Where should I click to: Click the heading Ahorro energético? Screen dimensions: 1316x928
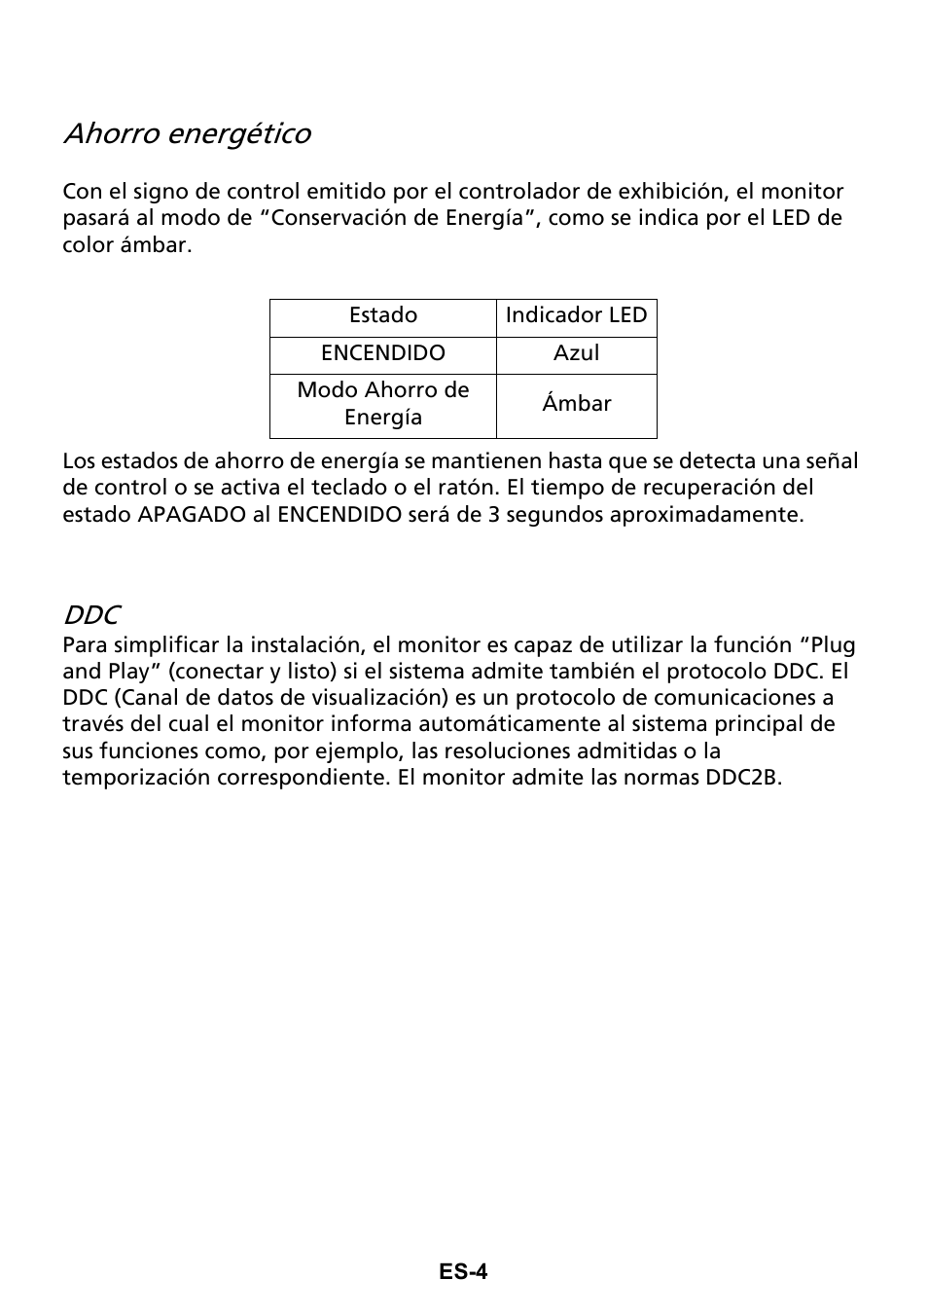pyautogui.click(x=187, y=134)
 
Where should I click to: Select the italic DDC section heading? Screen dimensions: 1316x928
pyautogui.click(x=91, y=615)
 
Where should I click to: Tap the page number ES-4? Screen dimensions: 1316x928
pyautogui.click(x=462, y=1271)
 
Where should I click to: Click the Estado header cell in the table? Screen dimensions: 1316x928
pyautogui.click(x=383, y=315)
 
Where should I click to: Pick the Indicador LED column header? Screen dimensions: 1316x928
pyautogui.click(x=576, y=315)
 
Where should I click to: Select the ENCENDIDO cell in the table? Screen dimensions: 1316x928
pyautogui.click(x=383, y=353)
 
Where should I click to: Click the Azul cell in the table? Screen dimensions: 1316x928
pyautogui.click(x=576, y=353)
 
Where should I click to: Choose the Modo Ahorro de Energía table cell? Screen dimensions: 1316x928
pyautogui.click(x=383, y=404)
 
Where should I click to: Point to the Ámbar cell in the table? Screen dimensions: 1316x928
pyautogui.click(x=576, y=404)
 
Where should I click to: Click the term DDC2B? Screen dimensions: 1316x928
pyautogui.click(x=743, y=778)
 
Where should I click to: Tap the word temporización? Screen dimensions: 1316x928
pyautogui.click(x=128, y=778)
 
